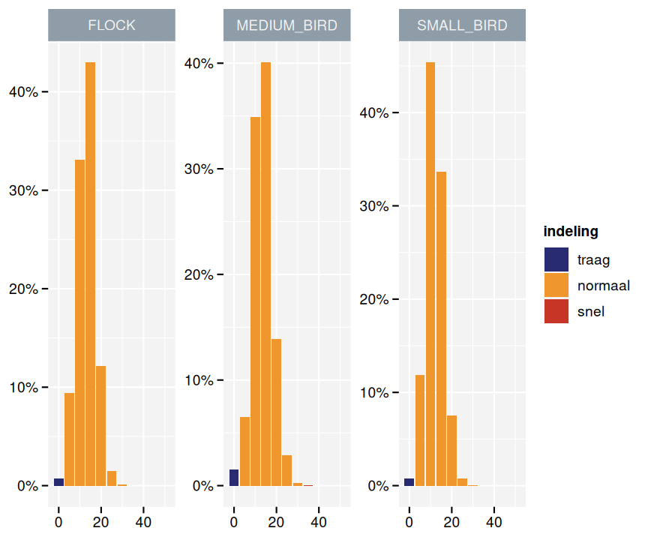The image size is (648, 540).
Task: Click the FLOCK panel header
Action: coord(112,25)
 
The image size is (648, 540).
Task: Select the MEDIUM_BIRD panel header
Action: coord(287,25)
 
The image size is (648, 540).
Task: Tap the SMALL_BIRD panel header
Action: coord(462,25)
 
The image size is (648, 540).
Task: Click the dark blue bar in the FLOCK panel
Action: coord(58,481)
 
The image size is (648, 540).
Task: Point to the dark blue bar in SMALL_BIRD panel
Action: coord(409,481)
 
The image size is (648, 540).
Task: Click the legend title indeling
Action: coord(571,231)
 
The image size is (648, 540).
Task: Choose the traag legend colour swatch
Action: coord(556,260)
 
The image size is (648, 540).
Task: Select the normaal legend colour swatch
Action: coord(556,286)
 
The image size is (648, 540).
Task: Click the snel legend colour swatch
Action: coord(556,311)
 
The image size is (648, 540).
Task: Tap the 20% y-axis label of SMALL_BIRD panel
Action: coord(373,300)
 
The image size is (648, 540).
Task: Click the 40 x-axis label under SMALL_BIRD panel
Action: coord(494,521)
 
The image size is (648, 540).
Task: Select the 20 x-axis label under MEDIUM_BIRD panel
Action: coord(277,521)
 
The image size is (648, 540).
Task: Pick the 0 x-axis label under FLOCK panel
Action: coord(58,521)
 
